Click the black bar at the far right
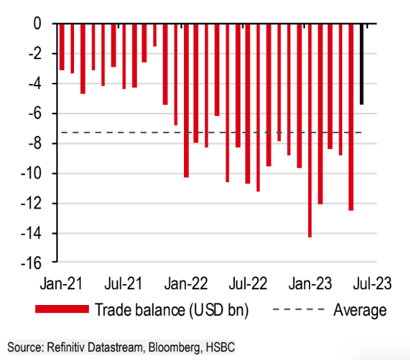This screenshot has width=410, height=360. click(362, 65)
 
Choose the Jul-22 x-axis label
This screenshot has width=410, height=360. click(248, 281)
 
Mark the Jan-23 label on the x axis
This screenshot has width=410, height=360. click(311, 281)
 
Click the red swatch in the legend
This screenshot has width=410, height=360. click(61, 310)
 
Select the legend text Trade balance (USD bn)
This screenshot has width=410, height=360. click(172, 310)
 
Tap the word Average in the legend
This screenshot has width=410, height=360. click(360, 310)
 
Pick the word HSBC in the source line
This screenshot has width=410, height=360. click(219, 348)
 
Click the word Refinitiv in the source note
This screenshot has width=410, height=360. click(64, 348)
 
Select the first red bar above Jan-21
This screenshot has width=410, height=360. click(62, 47)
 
